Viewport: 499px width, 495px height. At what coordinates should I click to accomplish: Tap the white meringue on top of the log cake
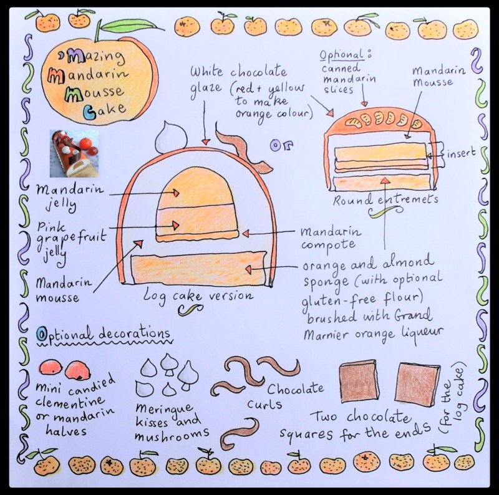pyautogui.click(x=169, y=137)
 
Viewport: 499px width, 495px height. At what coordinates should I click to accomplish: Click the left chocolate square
pyautogui.click(x=359, y=382)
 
